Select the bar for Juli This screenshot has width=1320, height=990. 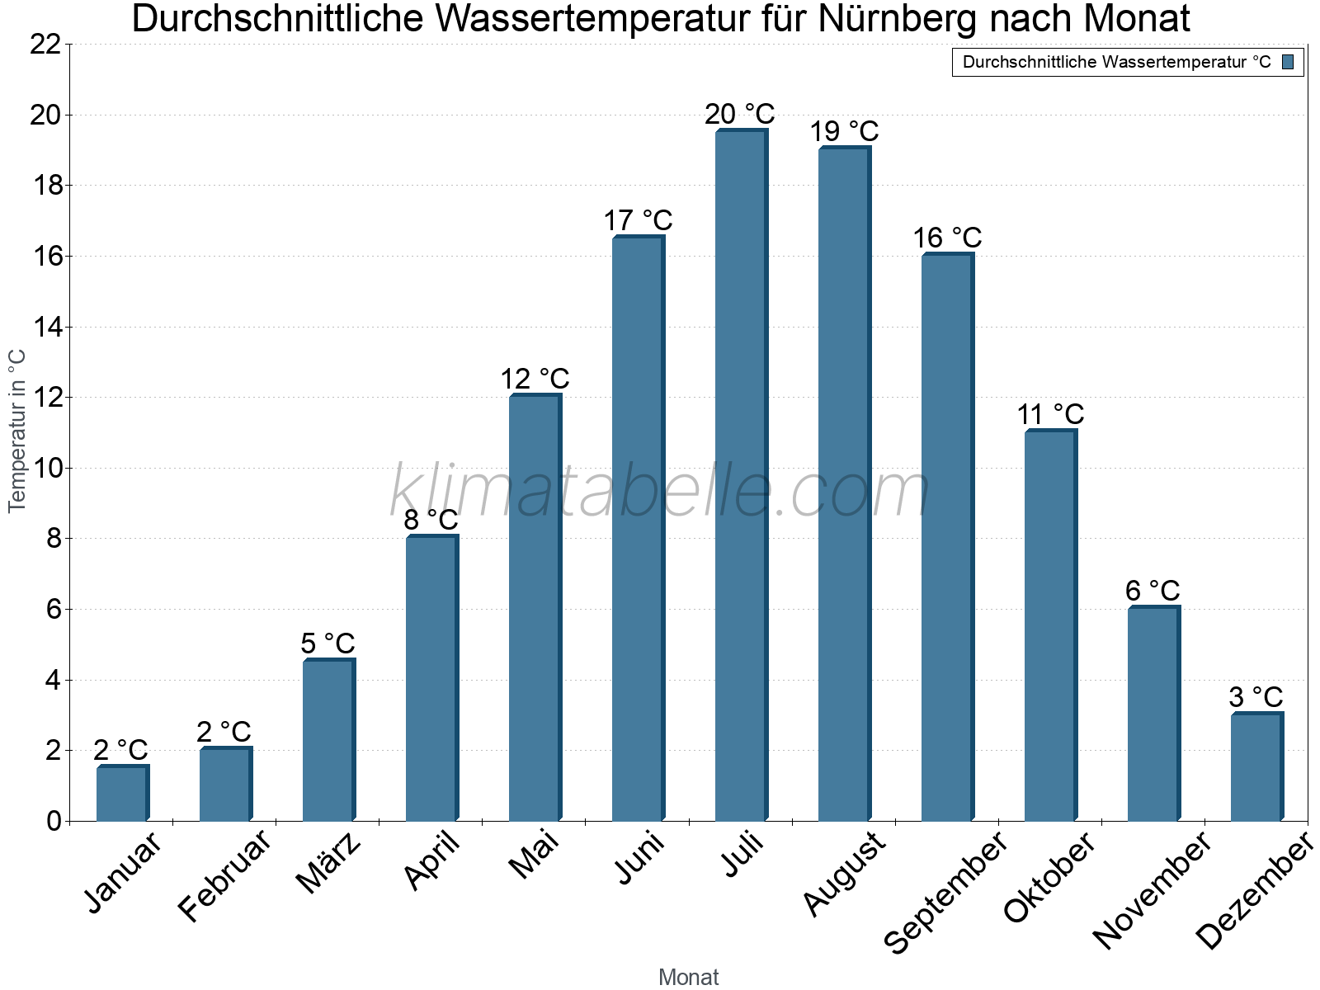coord(741,475)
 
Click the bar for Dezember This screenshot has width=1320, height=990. coord(1256,766)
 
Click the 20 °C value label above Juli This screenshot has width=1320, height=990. coord(740,114)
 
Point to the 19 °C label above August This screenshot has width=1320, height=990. coord(844,131)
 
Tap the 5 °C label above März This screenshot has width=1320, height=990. coord(328,643)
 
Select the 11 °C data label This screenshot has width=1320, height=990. coord(1050,414)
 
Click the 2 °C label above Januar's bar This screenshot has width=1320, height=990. coord(120,751)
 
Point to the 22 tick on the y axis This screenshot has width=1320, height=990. coord(45,45)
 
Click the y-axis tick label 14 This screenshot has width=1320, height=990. coord(45,328)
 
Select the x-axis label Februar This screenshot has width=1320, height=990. coord(224,876)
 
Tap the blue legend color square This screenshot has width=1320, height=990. coord(1288,62)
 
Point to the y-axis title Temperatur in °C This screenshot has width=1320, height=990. coord(17,431)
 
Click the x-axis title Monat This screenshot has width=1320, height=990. coord(689,978)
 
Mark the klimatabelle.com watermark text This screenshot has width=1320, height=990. coord(660,492)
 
